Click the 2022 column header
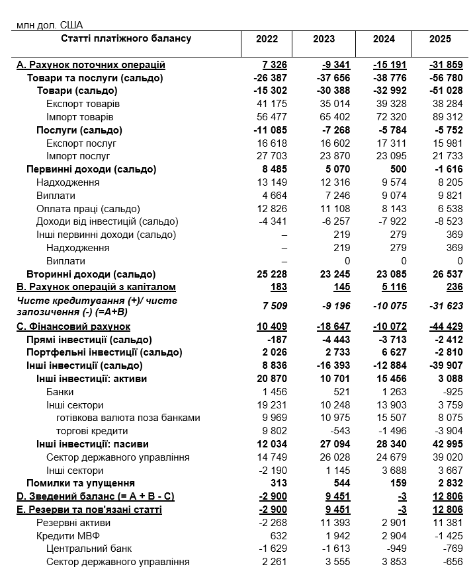267,39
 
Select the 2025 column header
440,39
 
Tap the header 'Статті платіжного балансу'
126,39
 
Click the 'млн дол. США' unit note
45,25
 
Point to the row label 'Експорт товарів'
83,104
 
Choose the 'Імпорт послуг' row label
78,156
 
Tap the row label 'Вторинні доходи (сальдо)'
91,274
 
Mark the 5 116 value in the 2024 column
390,287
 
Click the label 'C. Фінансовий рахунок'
73,326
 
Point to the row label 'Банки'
60,392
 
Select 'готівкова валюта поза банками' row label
128,418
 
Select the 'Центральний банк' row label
89,549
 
